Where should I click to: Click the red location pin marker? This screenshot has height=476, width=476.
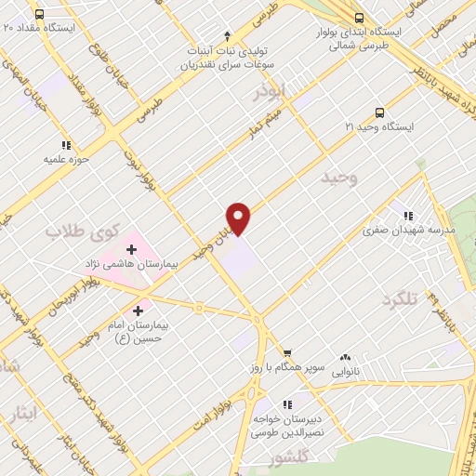(x=239, y=218)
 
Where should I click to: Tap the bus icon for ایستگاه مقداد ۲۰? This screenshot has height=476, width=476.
(x=39, y=15)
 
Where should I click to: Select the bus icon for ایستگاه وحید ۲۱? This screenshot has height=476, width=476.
(x=378, y=112)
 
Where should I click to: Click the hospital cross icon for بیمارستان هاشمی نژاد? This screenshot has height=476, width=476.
(x=131, y=249)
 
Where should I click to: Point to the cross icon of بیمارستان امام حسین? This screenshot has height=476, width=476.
(x=139, y=311)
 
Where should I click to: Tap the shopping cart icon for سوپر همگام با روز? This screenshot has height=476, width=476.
(x=287, y=353)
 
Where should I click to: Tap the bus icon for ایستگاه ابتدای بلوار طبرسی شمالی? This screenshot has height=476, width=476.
(x=361, y=18)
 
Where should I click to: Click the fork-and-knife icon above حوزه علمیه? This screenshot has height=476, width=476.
(x=65, y=145)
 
